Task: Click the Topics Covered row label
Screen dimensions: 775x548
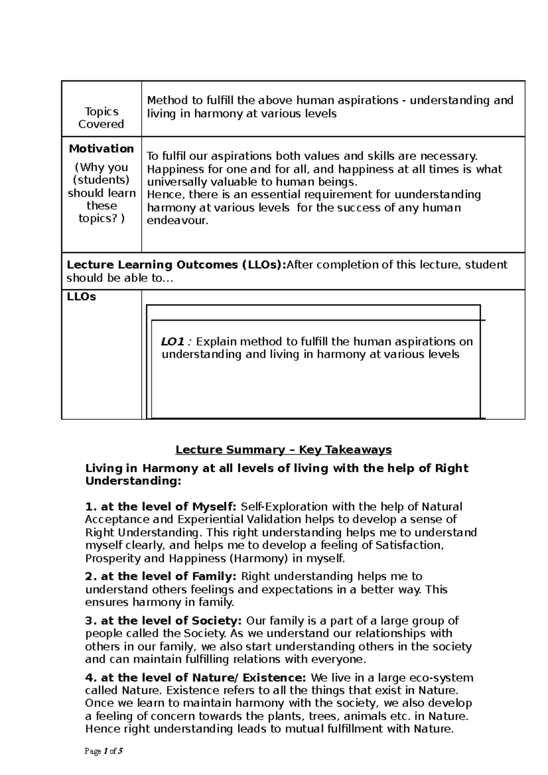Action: pyautogui.click(x=101, y=118)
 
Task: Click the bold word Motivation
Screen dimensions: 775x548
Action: pyautogui.click(x=101, y=149)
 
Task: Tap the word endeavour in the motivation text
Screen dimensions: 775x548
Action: pyautogui.click(x=177, y=221)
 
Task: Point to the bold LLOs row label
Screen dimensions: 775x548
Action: pyautogui.click(x=81, y=297)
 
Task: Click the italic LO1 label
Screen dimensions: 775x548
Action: pyautogui.click(x=172, y=342)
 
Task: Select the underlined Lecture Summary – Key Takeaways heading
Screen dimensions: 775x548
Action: pyautogui.click(x=284, y=450)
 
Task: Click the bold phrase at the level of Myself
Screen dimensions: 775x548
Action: pyautogui.click(x=161, y=507)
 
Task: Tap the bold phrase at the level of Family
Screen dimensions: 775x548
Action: pyautogui.click(x=161, y=576)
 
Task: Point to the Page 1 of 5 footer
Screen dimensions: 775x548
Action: pyautogui.click(x=104, y=751)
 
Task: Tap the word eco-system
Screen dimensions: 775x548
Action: pyautogui.click(x=443, y=678)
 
